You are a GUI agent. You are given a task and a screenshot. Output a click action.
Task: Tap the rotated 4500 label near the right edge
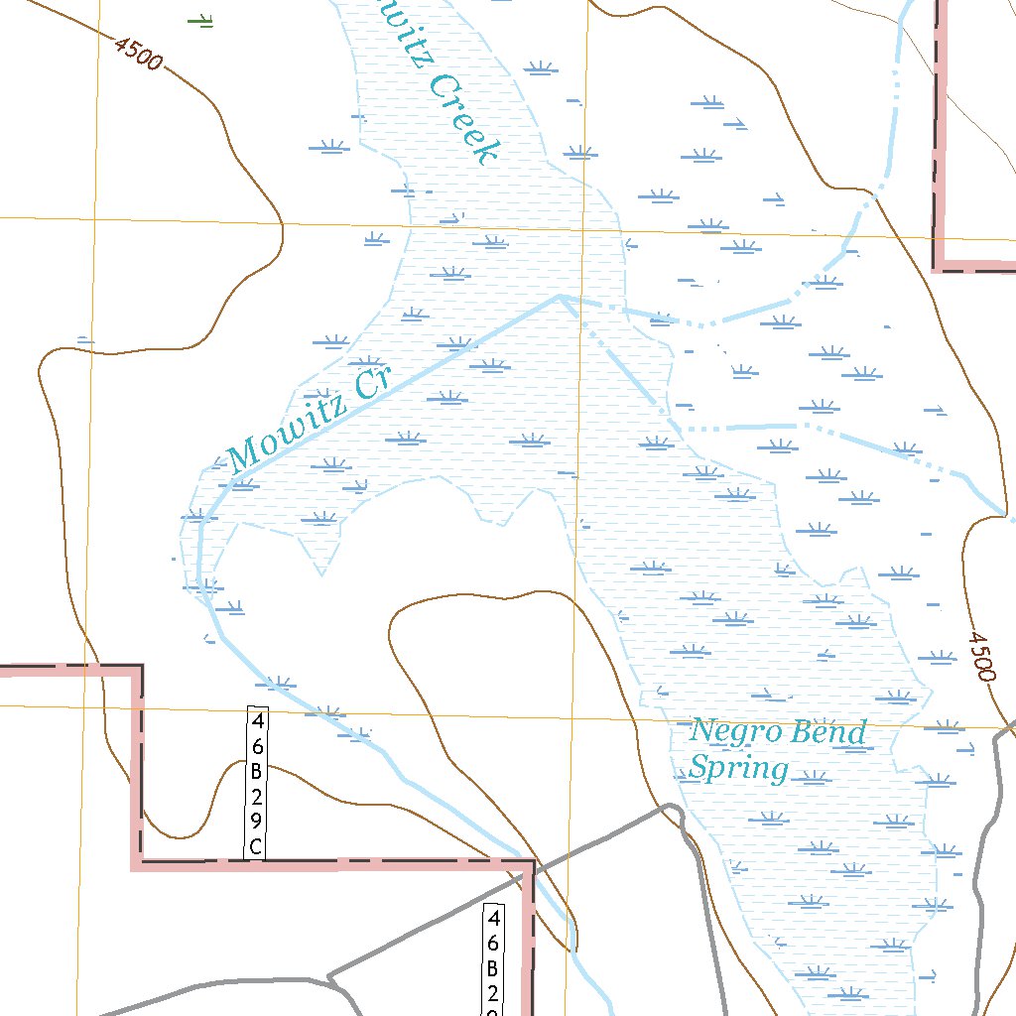(979, 656)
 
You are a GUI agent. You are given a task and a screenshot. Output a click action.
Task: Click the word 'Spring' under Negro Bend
(739, 768)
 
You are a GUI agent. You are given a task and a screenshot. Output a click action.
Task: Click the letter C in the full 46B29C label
(256, 845)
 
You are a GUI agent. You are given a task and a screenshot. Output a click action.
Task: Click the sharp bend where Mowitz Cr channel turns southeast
(560, 296)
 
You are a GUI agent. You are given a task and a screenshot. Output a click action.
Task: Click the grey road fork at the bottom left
(328, 978)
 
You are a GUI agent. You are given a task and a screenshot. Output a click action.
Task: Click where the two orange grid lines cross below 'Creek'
(585, 230)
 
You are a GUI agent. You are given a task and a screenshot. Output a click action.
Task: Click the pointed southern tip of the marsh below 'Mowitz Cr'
(322, 573)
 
